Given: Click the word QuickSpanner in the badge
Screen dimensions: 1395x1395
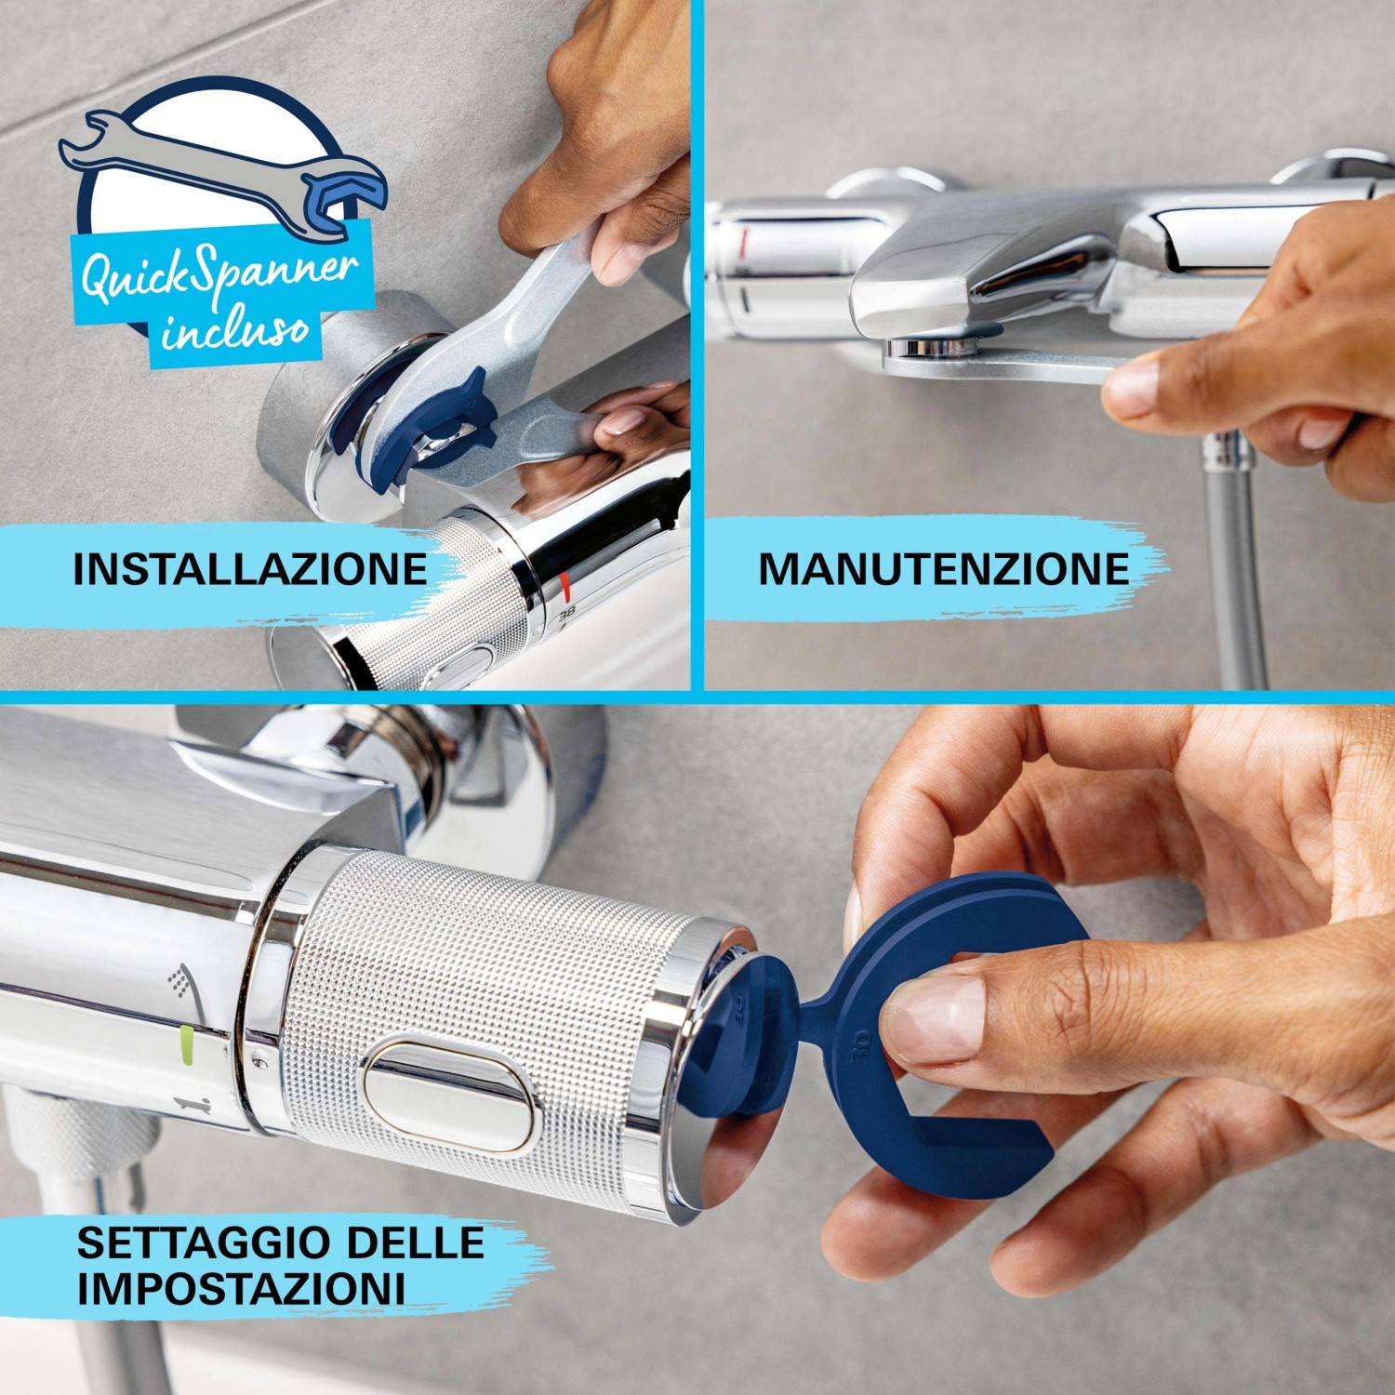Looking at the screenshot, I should (x=219, y=276).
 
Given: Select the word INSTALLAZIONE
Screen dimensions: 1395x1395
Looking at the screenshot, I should (x=249, y=569).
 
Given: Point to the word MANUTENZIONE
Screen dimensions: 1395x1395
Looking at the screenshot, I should (x=944, y=569).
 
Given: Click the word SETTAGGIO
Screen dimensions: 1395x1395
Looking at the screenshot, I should (x=203, y=1243).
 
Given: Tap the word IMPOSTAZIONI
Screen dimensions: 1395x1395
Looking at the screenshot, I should (x=241, y=1290).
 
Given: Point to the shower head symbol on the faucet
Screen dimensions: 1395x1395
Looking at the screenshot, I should (x=177, y=979).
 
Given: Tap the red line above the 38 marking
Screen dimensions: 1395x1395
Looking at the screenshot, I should (x=565, y=585).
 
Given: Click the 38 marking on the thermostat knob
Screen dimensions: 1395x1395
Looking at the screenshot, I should (x=566, y=616).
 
